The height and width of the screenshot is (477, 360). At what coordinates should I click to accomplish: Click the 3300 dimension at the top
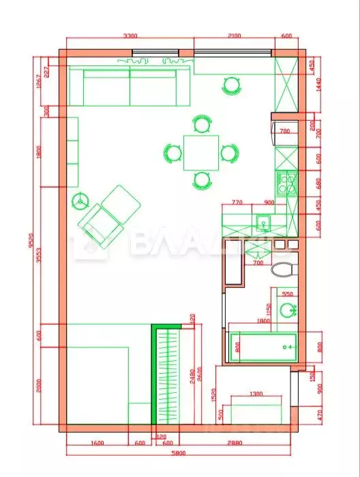(x=130, y=36)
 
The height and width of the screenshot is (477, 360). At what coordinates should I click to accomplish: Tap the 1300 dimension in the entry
(x=256, y=394)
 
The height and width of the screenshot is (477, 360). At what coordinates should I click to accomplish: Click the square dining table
(x=201, y=152)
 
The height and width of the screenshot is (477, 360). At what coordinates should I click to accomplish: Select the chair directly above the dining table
(x=201, y=124)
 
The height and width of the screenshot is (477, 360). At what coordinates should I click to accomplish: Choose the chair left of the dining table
(x=170, y=152)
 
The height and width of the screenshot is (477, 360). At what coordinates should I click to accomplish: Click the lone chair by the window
(x=232, y=85)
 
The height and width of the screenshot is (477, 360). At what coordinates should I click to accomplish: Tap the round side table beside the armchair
(x=82, y=201)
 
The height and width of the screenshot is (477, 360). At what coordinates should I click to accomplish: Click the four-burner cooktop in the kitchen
(x=286, y=182)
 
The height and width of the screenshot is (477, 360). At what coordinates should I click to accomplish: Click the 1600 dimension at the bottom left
(x=96, y=443)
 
